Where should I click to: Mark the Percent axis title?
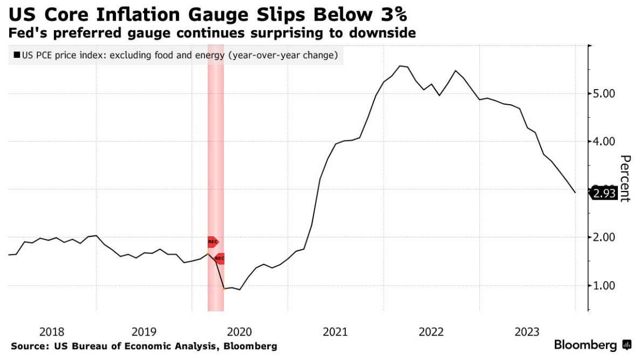(x=625, y=178)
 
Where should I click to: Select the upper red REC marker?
(x=213, y=242)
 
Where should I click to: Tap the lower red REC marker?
(x=219, y=259)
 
